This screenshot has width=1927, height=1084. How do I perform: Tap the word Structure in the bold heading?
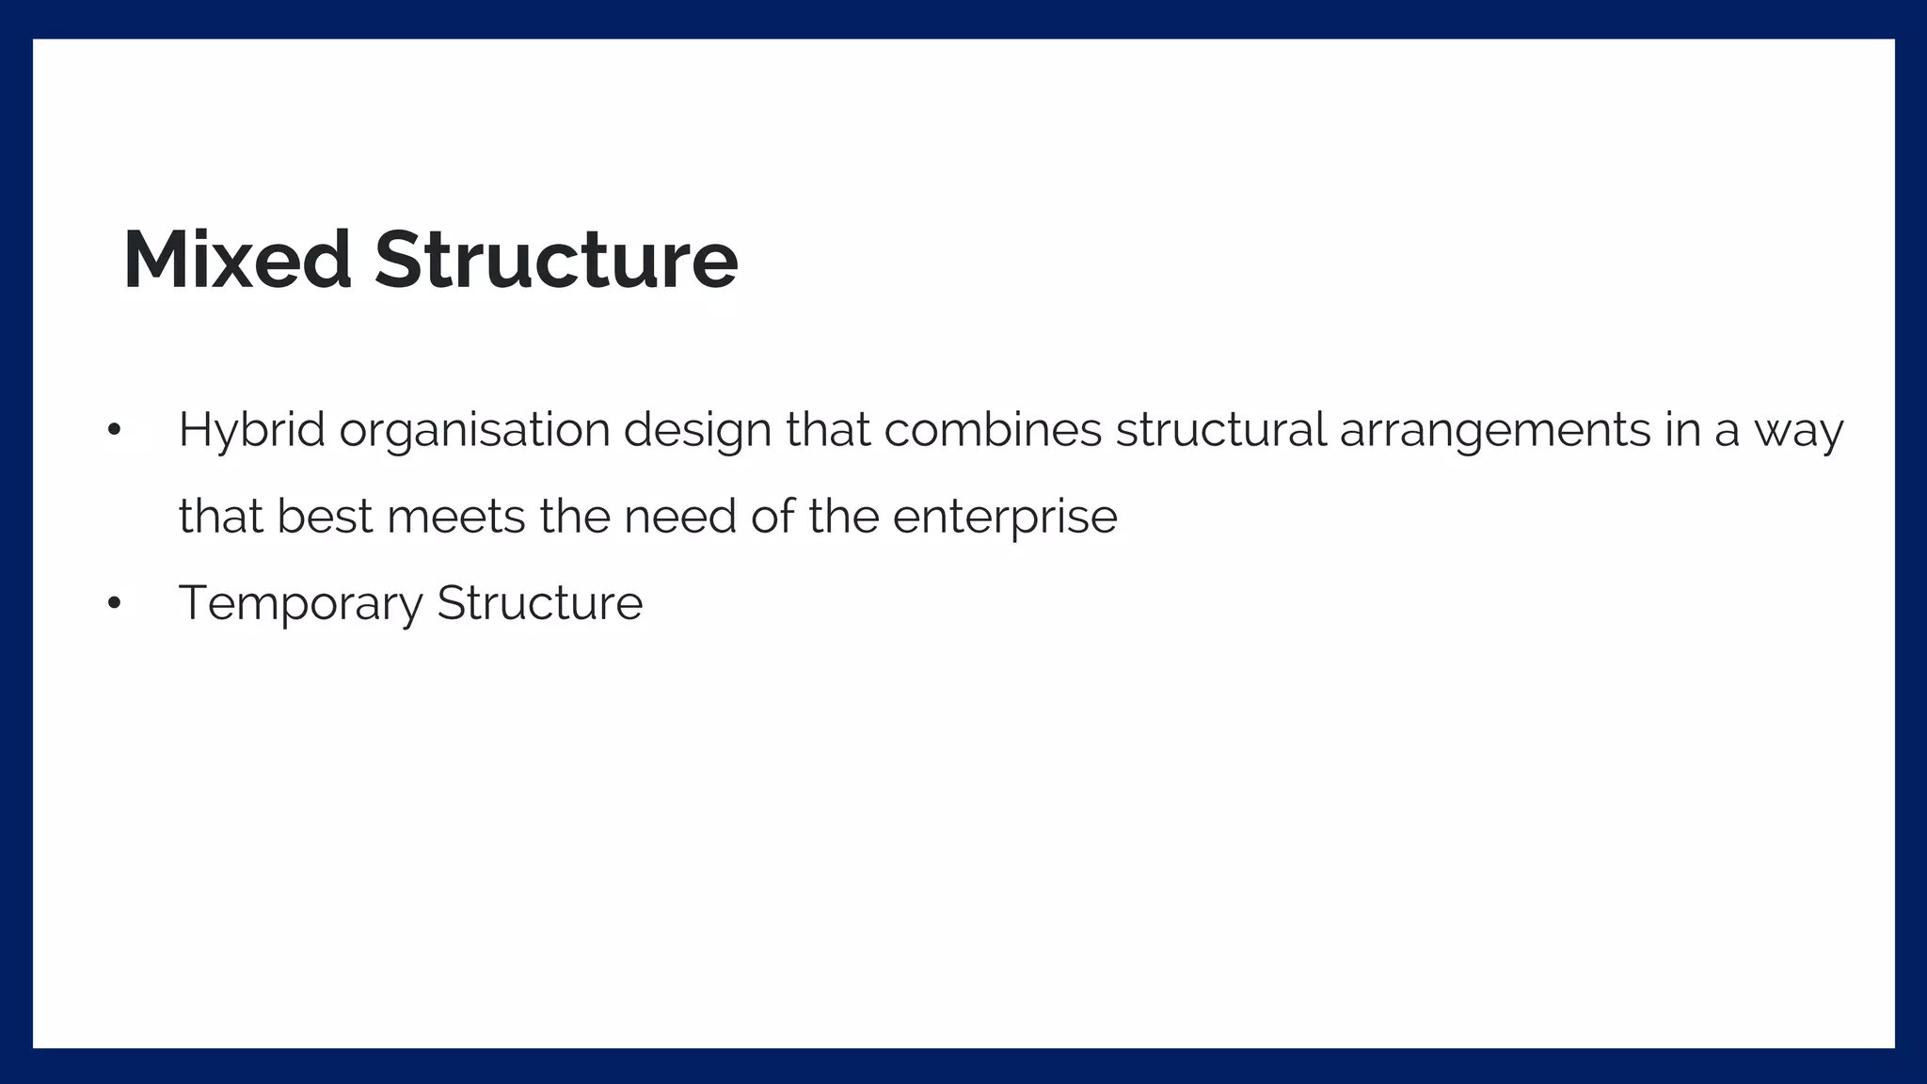tap(556, 260)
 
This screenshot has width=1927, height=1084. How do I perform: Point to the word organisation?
tap(475, 431)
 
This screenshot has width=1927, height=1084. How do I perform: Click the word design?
tap(697, 431)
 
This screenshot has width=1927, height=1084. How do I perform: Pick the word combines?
tap(993, 431)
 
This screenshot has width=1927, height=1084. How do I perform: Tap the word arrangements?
tap(1494, 431)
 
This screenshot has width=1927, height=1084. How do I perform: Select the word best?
tap(325, 517)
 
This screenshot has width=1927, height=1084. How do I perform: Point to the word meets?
tap(455, 517)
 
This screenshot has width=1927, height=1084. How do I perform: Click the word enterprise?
tap(1005, 517)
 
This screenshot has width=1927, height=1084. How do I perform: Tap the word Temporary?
tap(300, 603)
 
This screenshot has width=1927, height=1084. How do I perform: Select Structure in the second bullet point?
tap(540, 603)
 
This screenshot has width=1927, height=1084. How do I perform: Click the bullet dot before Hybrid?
tap(114, 430)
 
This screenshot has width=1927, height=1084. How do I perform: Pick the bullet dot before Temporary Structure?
tap(114, 603)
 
